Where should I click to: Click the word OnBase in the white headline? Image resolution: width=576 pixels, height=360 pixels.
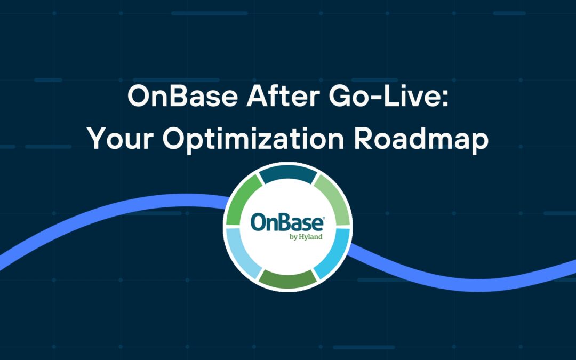182,96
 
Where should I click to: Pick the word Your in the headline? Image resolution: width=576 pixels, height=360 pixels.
120,139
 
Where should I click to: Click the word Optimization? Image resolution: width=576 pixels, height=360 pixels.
253,140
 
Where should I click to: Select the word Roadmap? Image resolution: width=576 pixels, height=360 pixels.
421,140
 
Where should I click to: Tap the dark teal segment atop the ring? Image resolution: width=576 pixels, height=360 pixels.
288,174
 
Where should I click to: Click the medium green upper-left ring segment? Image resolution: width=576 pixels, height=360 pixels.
243,200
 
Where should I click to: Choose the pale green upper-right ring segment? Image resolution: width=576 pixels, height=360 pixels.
333,200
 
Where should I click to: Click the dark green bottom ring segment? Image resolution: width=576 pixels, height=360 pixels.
287,280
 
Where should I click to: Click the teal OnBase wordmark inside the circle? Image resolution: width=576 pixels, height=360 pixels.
287,223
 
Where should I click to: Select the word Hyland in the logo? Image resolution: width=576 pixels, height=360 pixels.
310,237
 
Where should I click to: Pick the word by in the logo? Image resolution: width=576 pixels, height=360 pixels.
293,237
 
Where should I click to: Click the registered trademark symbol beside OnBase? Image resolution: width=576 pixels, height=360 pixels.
323,218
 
